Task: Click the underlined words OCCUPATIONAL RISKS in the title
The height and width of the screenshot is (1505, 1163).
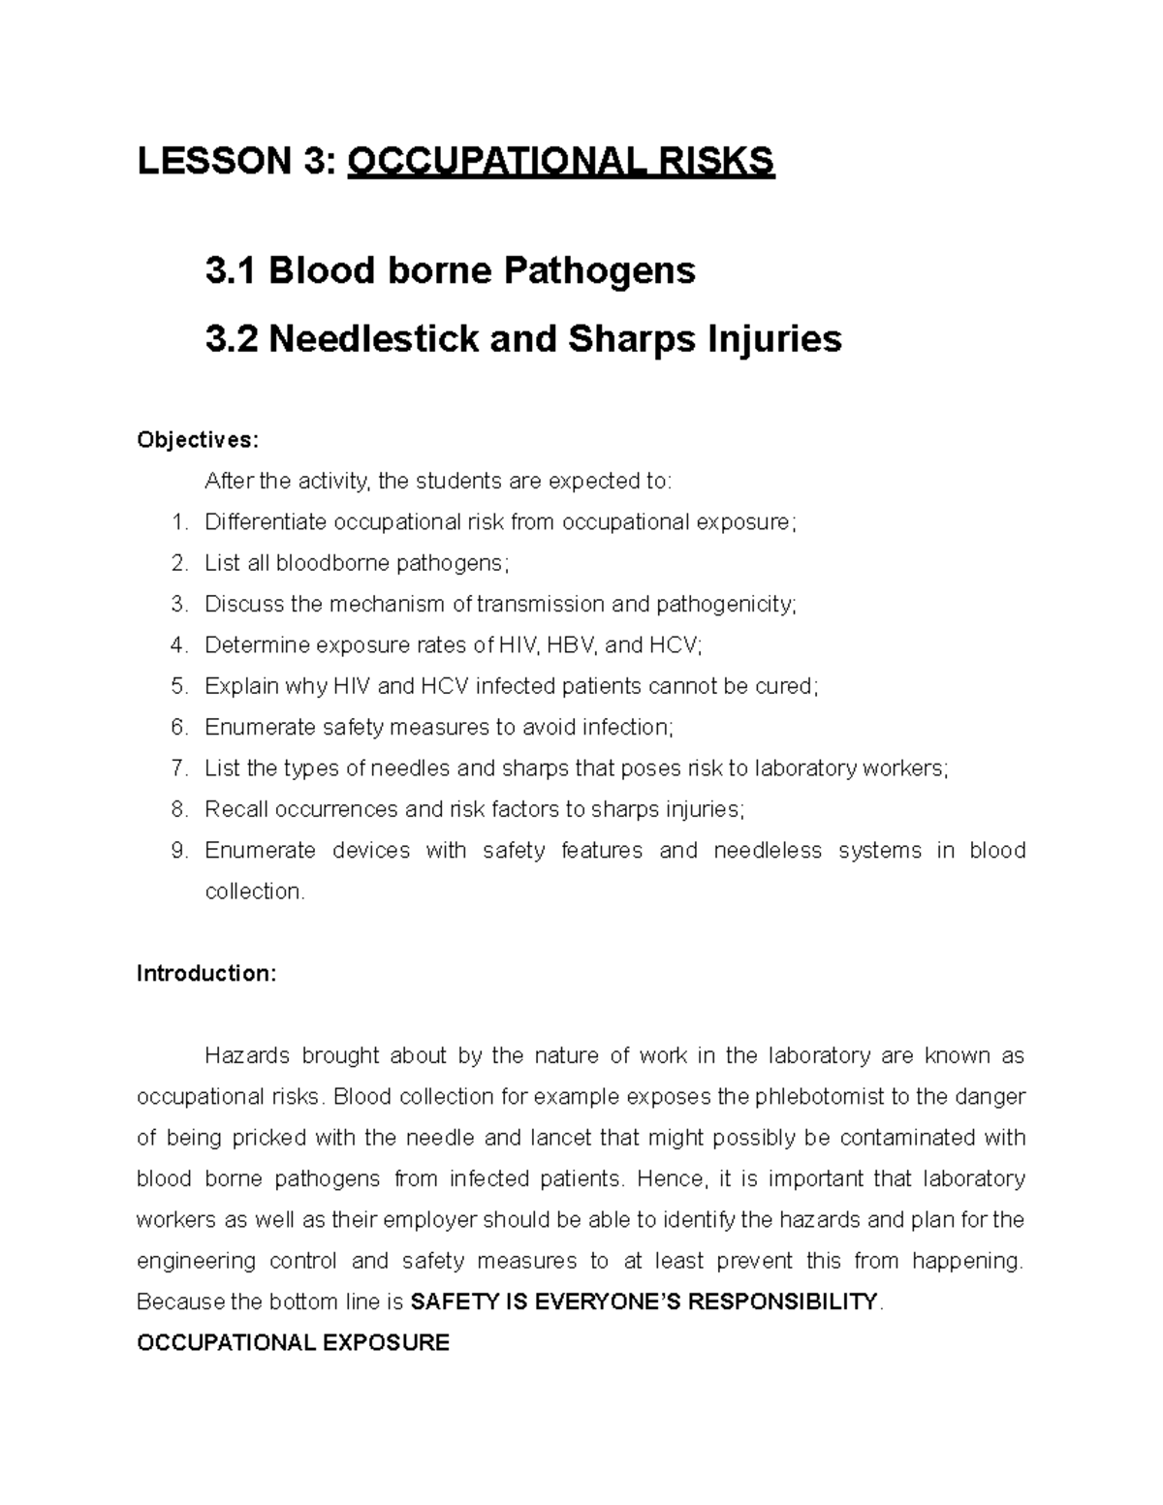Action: (x=561, y=161)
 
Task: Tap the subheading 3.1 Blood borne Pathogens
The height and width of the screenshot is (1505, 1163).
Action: (x=450, y=270)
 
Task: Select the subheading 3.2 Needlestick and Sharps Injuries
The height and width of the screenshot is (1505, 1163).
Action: (x=523, y=339)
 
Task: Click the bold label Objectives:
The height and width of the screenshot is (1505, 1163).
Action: (x=198, y=441)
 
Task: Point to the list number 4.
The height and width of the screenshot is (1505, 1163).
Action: (x=177, y=644)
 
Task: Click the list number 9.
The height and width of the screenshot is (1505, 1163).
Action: (x=177, y=850)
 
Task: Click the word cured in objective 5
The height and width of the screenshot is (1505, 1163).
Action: (x=789, y=686)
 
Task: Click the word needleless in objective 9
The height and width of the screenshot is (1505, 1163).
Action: (x=767, y=850)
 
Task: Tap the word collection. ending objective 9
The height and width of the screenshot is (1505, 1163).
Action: (x=254, y=892)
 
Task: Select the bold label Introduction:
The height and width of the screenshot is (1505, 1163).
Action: (x=206, y=973)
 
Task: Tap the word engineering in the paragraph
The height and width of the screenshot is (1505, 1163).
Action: (x=197, y=1261)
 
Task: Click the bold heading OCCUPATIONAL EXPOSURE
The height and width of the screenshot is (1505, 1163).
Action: (x=294, y=1343)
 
